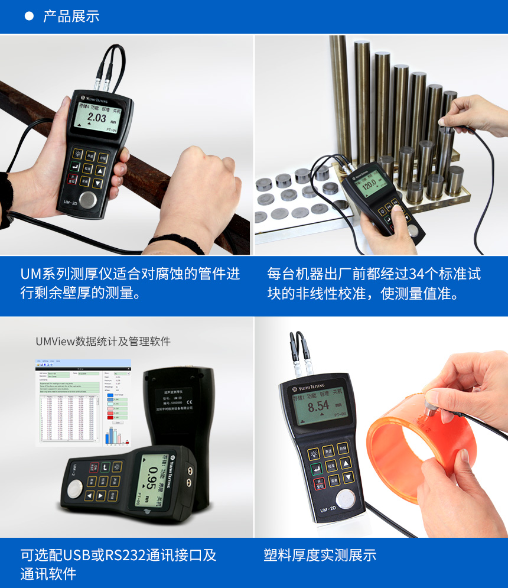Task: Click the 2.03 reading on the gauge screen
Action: tap(96, 118)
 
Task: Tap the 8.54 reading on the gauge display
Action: tap(318, 406)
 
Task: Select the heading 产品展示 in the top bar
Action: tap(71, 17)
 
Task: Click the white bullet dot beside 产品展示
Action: tap(28, 17)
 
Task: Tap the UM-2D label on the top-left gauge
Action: tap(71, 203)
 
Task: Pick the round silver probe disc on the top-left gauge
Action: tap(89, 199)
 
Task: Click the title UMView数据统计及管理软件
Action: tap(103, 341)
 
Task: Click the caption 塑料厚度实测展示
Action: tap(320, 555)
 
